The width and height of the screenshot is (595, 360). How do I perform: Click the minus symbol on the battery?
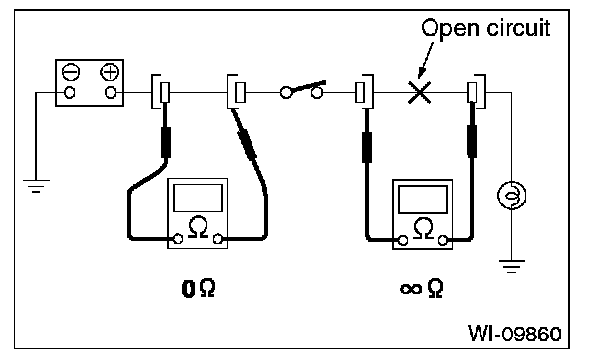tap(71, 72)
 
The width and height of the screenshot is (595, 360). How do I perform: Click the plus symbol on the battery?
tap(110, 72)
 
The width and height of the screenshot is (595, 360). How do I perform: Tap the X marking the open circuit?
tap(419, 92)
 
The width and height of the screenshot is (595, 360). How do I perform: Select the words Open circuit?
tap(485, 28)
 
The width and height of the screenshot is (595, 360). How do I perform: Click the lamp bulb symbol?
tap(511, 196)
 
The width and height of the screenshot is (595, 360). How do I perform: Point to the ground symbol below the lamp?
tap(511, 266)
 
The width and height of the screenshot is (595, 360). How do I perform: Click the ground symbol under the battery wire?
tap(36, 186)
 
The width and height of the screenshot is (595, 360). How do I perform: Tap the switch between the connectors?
tap(302, 90)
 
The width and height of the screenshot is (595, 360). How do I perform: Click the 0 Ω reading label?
tap(199, 289)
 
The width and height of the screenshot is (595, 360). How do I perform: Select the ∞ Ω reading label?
tap(422, 289)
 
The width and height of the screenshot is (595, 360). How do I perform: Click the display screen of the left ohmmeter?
tap(198, 198)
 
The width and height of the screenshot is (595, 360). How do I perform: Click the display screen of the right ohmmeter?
tap(423, 200)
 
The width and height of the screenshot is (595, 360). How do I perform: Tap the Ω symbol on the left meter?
tap(198, 227)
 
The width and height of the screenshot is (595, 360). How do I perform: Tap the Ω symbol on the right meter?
tap(423, 228)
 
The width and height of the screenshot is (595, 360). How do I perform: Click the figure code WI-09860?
tap(514, 334)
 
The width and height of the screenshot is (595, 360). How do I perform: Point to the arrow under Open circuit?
tap(425, 61)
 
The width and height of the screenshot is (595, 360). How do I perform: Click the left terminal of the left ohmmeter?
tap(177, 239)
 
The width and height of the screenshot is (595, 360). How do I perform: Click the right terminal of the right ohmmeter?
tap(443, 240)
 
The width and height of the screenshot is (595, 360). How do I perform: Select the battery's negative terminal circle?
tap(69, 92)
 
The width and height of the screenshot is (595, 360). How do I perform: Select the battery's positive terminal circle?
tap(111, 92)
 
